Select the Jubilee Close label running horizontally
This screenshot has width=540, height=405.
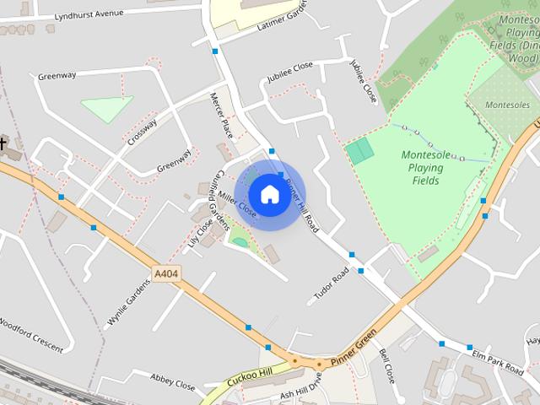point(289,72)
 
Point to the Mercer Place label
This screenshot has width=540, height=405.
point(221,116)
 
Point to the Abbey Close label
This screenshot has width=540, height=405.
point(173,381)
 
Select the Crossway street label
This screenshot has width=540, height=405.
point(143,132)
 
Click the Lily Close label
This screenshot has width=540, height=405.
point(200,235)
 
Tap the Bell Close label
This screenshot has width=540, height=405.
point(386,366)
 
